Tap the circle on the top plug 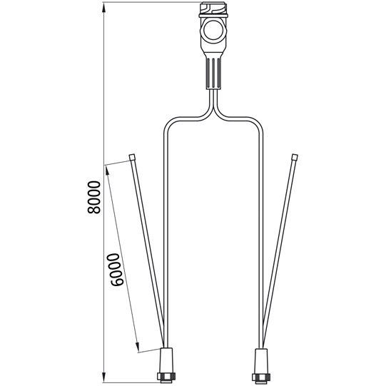213,31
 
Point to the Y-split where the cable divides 213,107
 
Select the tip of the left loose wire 133,156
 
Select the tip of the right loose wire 294,157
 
